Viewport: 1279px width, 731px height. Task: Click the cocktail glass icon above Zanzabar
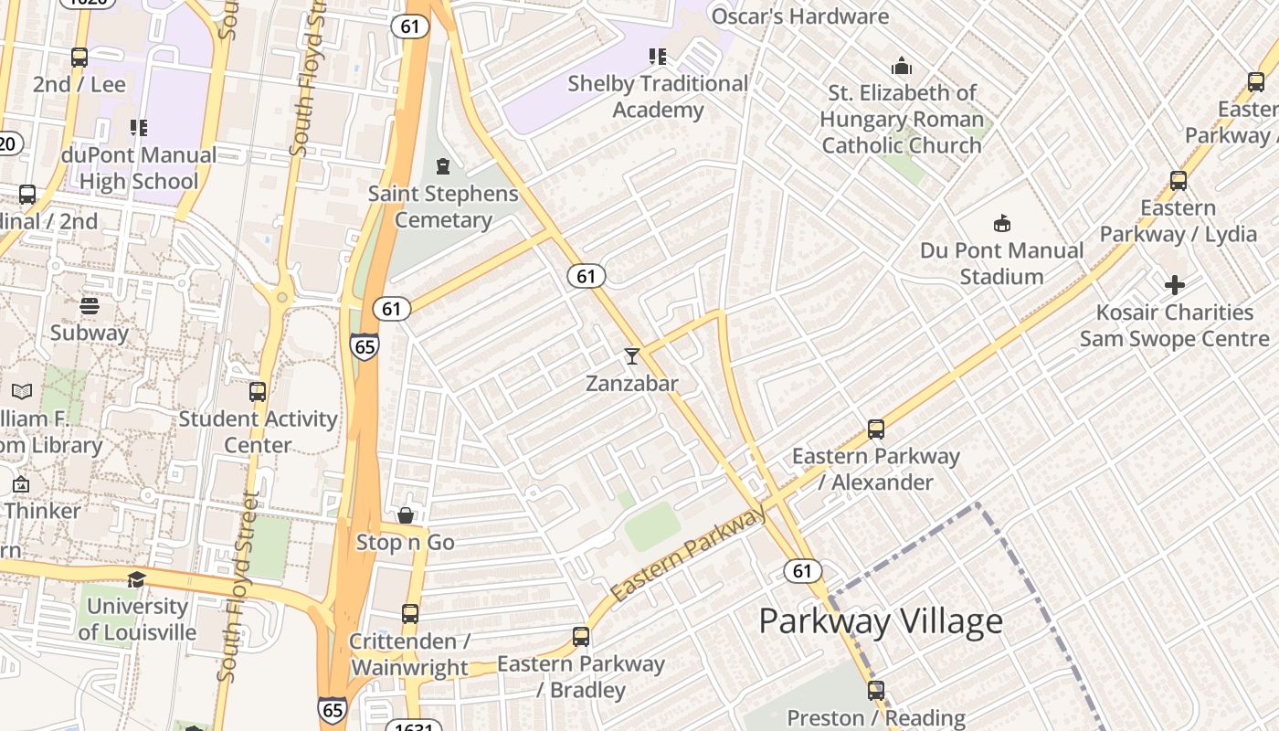[631, 355]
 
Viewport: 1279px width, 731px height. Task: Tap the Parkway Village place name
[881, 621]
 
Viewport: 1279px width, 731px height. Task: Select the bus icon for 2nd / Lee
[79, 58]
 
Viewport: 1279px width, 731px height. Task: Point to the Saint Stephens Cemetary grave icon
[443, 166]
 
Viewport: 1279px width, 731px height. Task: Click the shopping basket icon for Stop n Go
[406, 516]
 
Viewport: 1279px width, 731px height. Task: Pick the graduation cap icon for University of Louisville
[136, 579]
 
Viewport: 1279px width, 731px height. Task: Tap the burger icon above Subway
[90, 306]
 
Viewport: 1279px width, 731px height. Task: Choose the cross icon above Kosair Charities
[1175, 285]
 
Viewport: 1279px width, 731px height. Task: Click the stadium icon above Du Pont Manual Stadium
[1002, 224]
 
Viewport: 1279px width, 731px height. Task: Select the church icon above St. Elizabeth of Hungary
[902, 67]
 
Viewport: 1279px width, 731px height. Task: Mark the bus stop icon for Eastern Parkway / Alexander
[876, 429]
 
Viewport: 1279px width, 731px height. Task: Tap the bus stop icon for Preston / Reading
[876, 691]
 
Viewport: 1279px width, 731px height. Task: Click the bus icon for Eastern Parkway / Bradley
[581, 637]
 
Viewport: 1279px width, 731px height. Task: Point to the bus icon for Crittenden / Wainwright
[410, 614]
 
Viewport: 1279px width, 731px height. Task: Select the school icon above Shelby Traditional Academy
[658, 57]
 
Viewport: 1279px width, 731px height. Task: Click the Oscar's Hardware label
[799, 16]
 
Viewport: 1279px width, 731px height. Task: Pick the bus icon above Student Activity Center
[259, 392]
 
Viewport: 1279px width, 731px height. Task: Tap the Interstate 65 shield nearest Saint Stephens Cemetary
[364, 346]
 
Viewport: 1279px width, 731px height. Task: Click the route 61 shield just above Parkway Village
[801, 571]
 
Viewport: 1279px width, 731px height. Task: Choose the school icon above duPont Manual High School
[139, 128]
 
